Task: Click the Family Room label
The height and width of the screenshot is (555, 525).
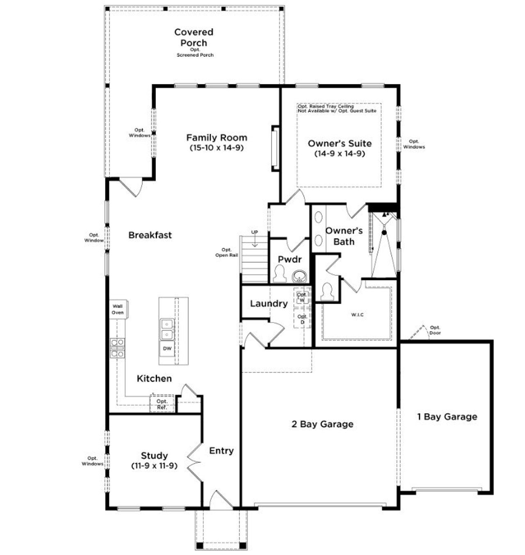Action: point(217,138)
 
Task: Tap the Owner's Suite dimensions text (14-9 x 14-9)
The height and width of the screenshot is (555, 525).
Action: point(340,154)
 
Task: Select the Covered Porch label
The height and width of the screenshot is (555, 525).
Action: point(194,37)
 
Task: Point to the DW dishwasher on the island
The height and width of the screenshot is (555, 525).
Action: point(167,349)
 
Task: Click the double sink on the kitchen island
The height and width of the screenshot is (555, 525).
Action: point(167,329)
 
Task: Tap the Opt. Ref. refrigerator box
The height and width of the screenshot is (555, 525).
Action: point(162,405)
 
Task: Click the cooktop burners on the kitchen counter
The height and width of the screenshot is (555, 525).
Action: point(117,348)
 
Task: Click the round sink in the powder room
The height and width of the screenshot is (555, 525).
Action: point(299,277)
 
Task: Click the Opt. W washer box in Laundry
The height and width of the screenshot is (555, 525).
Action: point(302,297)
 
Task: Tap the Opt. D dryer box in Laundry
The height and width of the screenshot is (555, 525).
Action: point(302,319)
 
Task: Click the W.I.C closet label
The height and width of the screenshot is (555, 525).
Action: point(357,315)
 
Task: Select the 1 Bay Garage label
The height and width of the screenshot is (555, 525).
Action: point(447,417)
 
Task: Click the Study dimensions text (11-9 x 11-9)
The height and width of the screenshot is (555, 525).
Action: point(154,466)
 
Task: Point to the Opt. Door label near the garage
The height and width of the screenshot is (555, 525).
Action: point(435,330)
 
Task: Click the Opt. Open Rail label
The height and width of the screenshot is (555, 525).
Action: point(226,252)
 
